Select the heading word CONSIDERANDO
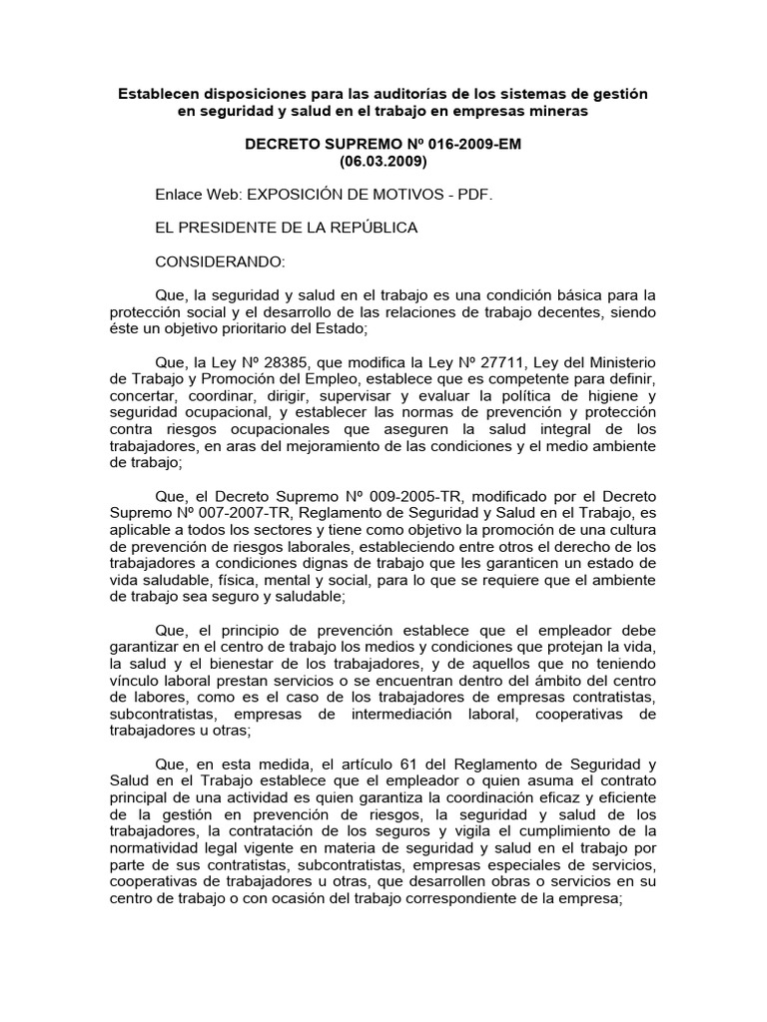coord(220,261)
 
